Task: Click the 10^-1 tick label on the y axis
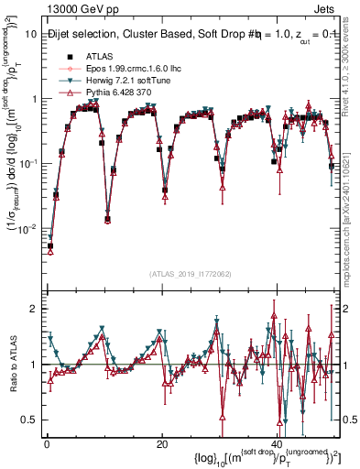(27, 163)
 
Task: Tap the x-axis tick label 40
(277, 442)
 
